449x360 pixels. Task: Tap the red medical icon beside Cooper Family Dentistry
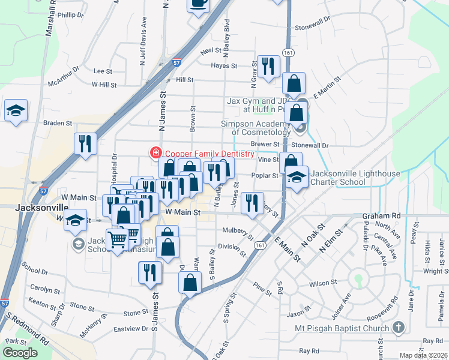click(156, 154)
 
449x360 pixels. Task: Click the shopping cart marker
click(118, 239)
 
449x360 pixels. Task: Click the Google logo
click(20, 353)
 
